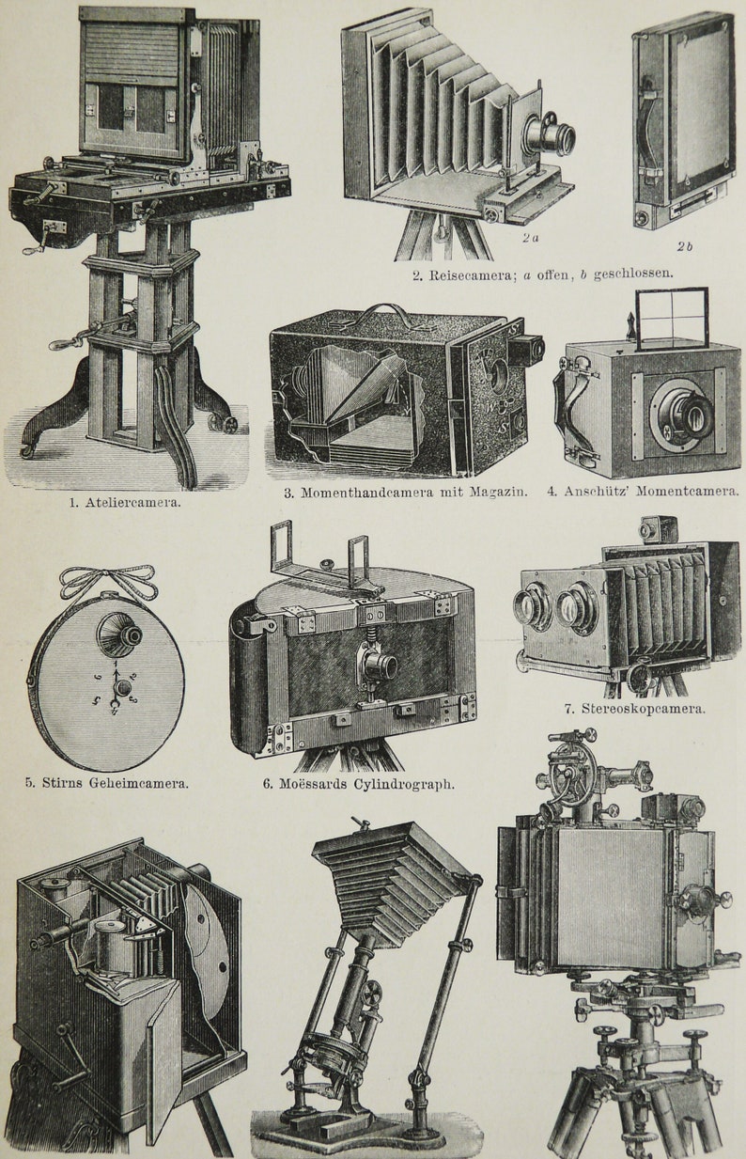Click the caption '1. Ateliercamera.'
click(125, 502)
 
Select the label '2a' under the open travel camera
click(530, 239)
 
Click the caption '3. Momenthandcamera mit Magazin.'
click(405, 491)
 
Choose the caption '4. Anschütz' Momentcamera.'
click(643, 491)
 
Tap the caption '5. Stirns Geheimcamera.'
click(106, 782)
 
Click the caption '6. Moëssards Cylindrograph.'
click(358, 783)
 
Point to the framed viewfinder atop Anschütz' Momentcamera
click(671, 319)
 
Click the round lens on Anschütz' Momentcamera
click(686, 412)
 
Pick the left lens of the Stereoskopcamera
click(533, 607)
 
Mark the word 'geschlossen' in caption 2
click(638, 274)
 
